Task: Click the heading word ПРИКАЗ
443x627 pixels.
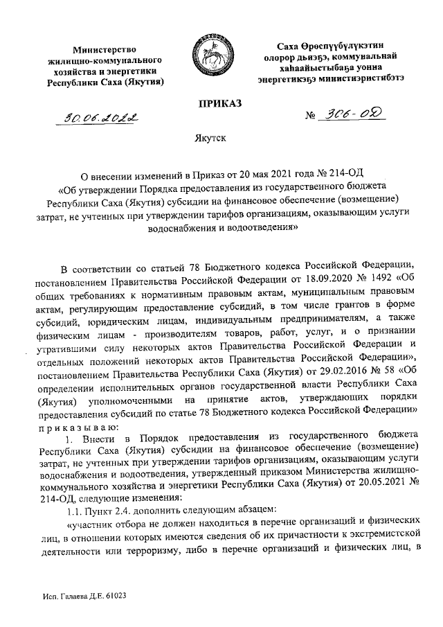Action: point(221,103)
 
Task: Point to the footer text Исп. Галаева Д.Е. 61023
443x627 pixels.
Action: point(82,596)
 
